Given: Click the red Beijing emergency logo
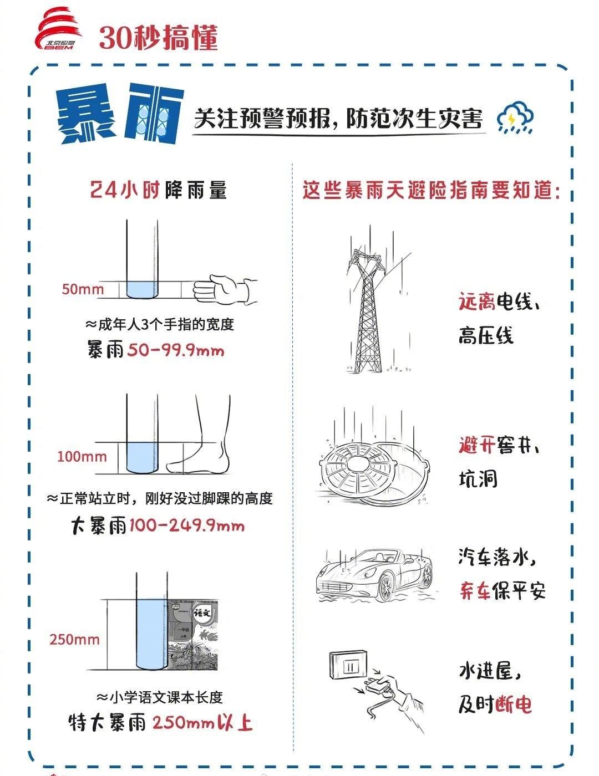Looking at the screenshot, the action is pyautogui.click(x=58, y=29).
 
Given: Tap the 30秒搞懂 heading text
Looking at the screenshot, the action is pyautogui.click(x=158, y=38).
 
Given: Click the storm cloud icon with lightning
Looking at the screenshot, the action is pyautogui.click(x=515, y=117).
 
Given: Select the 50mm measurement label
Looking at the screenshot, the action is pyautogui.click(x=83, y=289).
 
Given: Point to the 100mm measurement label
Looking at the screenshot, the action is pyautogui.click(x=82, y=456).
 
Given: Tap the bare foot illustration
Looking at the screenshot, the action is pyautogui.click(x=200, y=435).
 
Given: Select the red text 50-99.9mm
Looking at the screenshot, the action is pyautogui.click(x=175, y=350).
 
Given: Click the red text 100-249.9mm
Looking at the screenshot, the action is pyautogui.click(x=187, y=525).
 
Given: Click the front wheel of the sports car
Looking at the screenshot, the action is pyautogui.click(x=385, y=586).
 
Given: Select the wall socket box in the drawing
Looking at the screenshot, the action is pyautogui.click(x=348, y=665).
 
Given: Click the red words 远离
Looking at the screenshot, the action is pyautogui.click(x=478, y=301).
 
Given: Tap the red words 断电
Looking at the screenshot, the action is pyautogui.click(x=514, y=704).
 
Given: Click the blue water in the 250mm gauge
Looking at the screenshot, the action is pyautogui.click(x=151, y=634).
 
